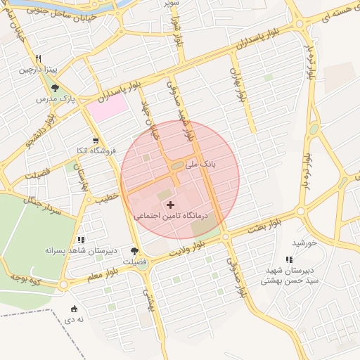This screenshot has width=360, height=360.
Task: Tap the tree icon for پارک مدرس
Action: pyautogui.click(x=56, y=88)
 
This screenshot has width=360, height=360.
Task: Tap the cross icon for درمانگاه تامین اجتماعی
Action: pyautogui.click(x=170, y=205)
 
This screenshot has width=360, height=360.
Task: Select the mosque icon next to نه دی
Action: pyautogui.click(x=75, y=309)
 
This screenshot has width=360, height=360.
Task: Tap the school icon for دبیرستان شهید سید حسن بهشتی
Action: pyautogui.click(x=289, y=260)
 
